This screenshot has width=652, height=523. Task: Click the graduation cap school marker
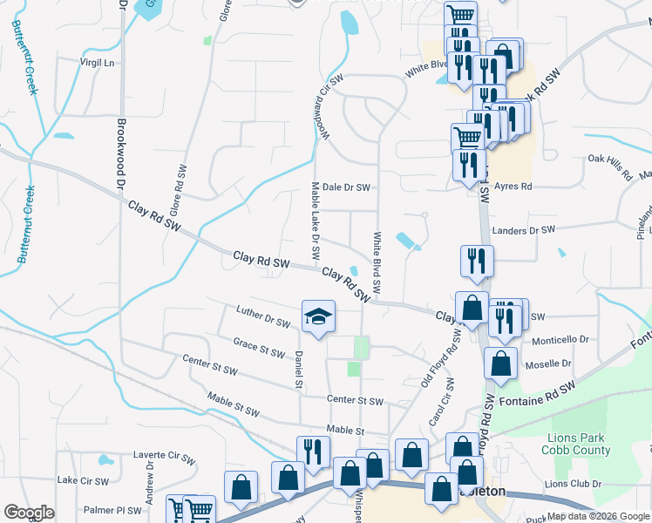click(x=319, y=316)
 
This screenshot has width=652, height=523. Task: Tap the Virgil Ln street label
click(x=98, y=63)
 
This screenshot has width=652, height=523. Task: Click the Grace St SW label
click(x=259, y=349)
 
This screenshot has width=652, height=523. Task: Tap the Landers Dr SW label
click(x=523, y=230)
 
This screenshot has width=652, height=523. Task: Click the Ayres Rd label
click(x=513, y=187)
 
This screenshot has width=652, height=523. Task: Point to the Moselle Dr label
click(x=548, y=363)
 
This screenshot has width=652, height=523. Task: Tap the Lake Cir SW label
click(x=83, y=480)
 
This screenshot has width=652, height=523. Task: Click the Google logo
click(x=29, y=513)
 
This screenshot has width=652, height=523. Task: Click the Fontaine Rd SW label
click(x=539, y=395)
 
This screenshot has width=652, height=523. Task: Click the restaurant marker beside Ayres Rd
click(x=468, y=166)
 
